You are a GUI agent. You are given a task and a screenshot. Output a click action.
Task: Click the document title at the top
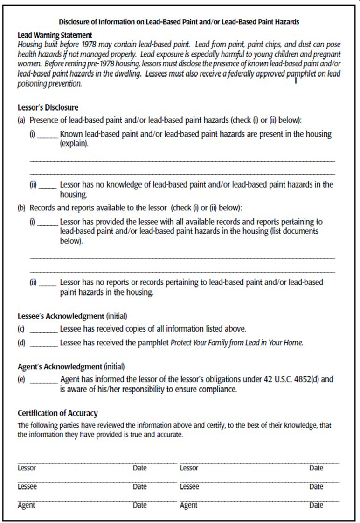point(180,21)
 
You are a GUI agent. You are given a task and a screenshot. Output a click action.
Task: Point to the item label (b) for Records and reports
point(22,207)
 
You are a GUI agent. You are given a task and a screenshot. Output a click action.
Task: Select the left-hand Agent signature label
point(28,506)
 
